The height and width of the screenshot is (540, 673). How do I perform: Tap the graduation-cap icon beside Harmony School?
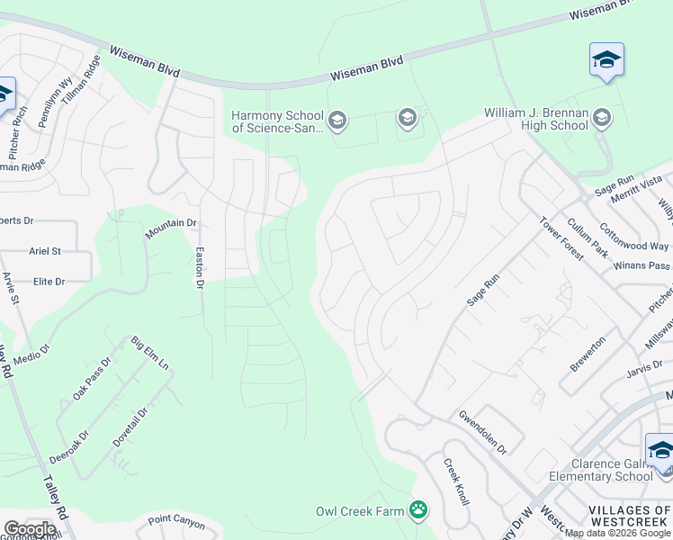tap(337, 120)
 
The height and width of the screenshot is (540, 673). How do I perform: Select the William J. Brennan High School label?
tap(536, 120)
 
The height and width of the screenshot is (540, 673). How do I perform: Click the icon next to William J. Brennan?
tap(602, 117)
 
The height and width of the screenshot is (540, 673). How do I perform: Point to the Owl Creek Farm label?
tap(360, 511)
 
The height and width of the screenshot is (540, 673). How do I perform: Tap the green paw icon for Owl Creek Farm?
tap(417, 510)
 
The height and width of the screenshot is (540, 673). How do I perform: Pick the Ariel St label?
tap(45, 251)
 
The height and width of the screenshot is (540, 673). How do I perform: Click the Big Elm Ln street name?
tap(150, 353)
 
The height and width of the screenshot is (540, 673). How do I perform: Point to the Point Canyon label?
tap(176, 519)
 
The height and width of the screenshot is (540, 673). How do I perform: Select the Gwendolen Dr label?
tap(483, 433)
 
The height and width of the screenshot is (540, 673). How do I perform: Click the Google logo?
tap(30, 529)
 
